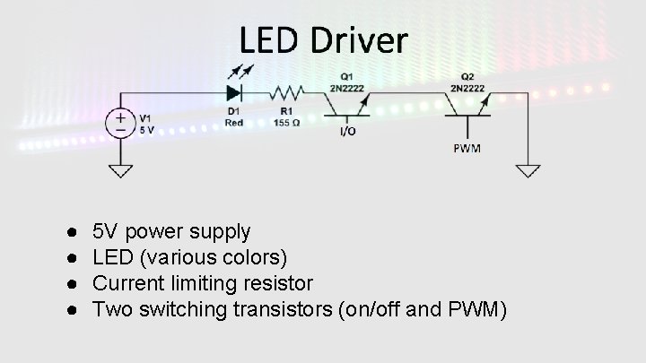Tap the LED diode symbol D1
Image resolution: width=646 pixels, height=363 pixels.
tap(235, 91)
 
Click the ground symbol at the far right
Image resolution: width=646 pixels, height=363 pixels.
tap(527, 169)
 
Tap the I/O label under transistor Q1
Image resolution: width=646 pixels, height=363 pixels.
tap(346, 131)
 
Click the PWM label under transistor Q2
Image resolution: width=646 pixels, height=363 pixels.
tap(467, 147)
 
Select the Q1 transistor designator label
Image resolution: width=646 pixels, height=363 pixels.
tap(346, 74)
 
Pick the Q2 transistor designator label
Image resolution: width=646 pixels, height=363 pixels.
tap(467, 74)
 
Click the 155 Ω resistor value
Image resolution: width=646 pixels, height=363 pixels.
tap(288, 122)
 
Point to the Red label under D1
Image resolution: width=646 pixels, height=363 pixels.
tap(234, 122)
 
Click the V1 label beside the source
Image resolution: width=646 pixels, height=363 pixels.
tap(145, 117)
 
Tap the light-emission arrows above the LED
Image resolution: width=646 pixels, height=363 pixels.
tap(241, 72)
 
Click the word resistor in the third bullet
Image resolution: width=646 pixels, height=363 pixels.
tap(279, 284)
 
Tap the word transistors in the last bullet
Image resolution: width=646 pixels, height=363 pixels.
tap(286, 310)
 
